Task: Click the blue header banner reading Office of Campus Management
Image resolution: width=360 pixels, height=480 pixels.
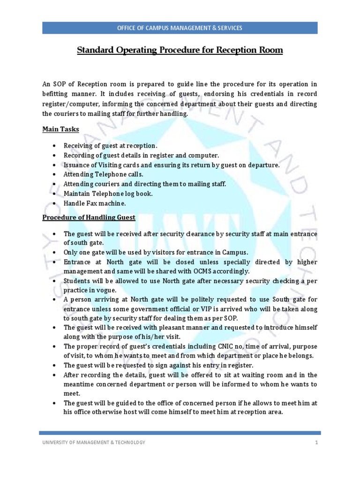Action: [180, 28]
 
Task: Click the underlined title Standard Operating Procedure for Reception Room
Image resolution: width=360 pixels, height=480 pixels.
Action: [180, 50]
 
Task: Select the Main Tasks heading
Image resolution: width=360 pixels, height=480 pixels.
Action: [60, 129]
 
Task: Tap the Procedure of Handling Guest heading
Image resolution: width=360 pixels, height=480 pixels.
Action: [89, 217]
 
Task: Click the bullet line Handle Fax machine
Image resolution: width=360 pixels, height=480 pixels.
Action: [95, 203]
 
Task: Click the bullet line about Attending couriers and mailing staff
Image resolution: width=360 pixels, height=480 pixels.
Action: [145, 184]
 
